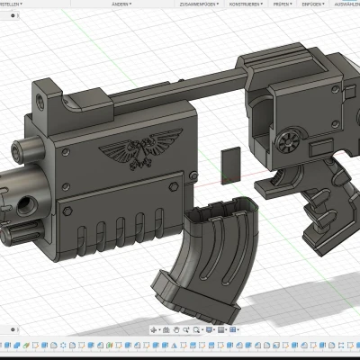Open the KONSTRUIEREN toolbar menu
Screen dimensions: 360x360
245,4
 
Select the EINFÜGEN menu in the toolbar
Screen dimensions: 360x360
311,4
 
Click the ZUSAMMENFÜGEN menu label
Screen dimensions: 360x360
199,4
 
